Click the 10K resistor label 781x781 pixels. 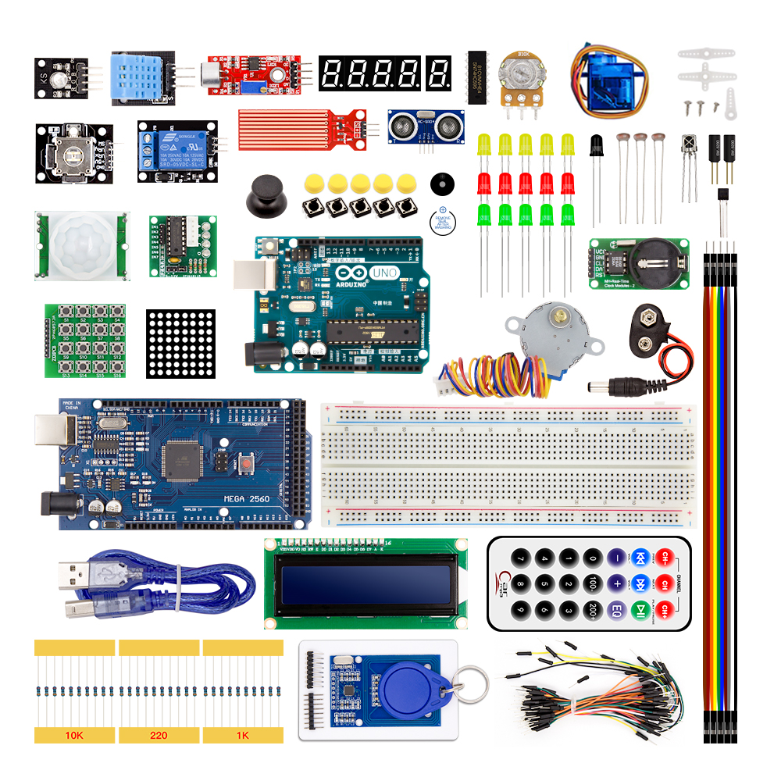(x=74, y=736)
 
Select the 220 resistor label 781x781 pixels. (x=159, y=736)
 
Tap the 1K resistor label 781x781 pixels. (x=243, y=736)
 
